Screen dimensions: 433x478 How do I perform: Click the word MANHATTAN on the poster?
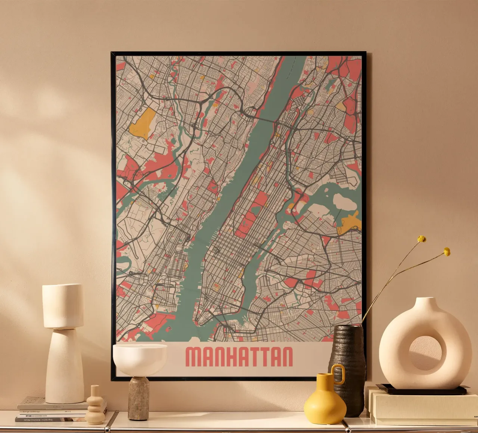tap(239, 357)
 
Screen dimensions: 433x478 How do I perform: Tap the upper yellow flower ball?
tap(422, 239)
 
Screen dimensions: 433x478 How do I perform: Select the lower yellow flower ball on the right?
tap(447, 252)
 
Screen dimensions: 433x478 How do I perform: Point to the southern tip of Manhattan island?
tap(196, 320)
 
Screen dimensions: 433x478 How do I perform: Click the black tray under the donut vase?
tap(422, 390)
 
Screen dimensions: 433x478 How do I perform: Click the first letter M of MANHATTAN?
tap(194, 357)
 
